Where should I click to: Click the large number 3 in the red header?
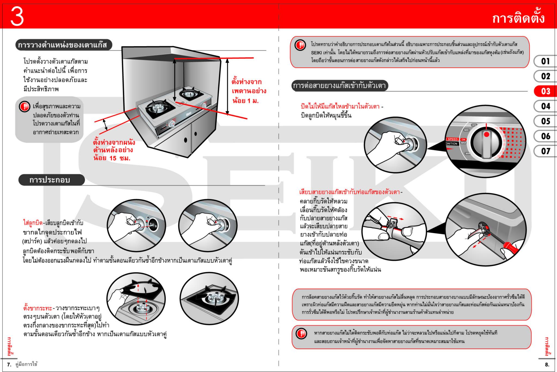(x=17, y=17)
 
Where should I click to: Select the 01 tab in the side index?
(x=545, y=61)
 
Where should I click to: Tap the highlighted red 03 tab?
(x=545, y=91)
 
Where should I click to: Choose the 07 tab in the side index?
(x=545, y=151)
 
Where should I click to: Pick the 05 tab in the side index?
(x=545, y=121)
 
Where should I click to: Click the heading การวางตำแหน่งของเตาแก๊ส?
(x=63, y=45)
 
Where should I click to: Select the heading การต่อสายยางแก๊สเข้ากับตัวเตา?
(x=339, y=86)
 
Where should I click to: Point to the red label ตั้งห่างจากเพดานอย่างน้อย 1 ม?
(x=248, y=91)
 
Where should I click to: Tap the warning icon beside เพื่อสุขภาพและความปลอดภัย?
(x=24, y=106)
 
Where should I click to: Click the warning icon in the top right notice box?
(x=300, y=45)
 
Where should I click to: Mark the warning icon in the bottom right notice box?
(x=301, y=334)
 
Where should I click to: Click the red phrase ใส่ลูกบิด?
(x=33, y=223)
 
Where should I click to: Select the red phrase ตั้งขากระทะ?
(x=38, y=308)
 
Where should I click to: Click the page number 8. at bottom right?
(x=547, y=365)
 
